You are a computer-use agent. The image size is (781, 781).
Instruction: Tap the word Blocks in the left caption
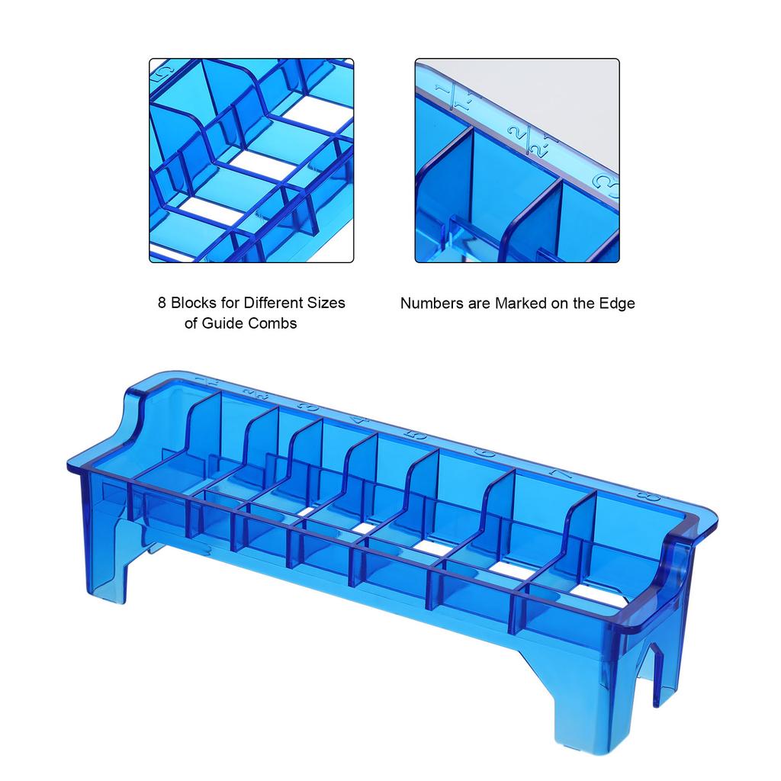191,303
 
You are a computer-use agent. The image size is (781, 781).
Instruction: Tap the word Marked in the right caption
522,304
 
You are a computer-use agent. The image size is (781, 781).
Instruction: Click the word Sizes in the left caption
326,303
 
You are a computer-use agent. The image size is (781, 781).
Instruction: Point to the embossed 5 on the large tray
416,435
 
